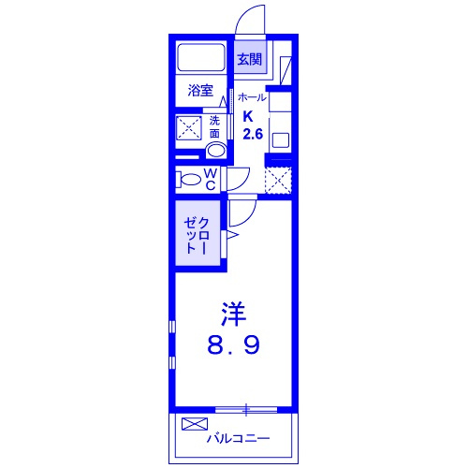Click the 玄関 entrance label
249,59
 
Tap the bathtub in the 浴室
201,57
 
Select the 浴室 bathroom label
200,90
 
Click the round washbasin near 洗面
216,151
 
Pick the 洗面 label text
214,127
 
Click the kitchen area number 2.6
253,134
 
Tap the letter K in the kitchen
248,117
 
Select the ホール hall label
252,97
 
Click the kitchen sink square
281,140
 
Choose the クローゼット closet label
197,236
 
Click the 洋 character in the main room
234,314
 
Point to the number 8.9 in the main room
233,345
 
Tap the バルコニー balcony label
239,439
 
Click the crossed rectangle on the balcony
195,424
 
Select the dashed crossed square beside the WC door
278,181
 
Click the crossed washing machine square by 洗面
189,127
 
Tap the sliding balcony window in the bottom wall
246,410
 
